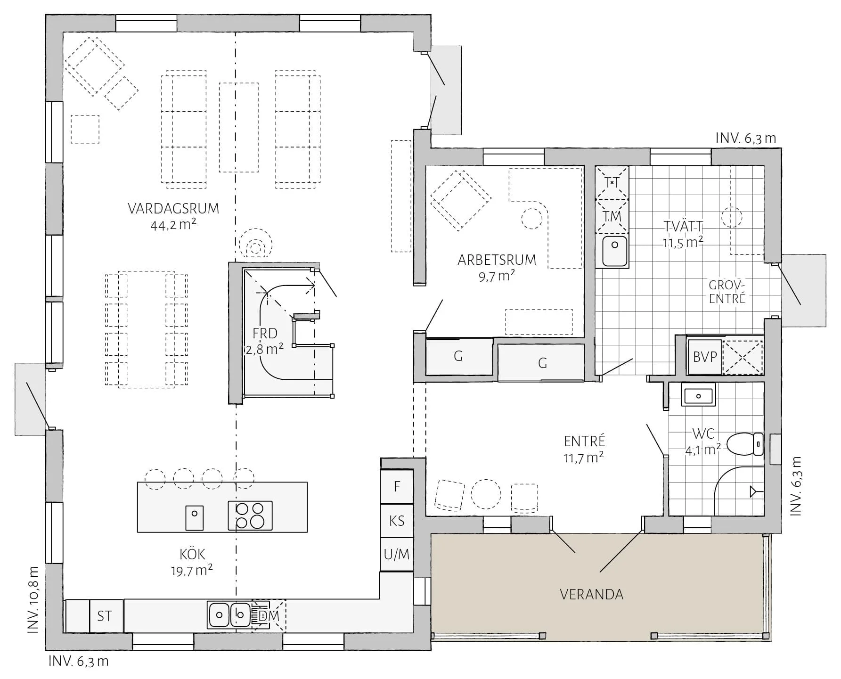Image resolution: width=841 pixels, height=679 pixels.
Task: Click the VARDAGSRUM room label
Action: (x=173, y=208)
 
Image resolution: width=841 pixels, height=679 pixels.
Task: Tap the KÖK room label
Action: (x=192, y=554)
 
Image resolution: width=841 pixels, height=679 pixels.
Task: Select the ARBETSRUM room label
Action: (x=497, y=260)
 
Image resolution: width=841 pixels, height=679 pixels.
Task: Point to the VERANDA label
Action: (x=592, y=595)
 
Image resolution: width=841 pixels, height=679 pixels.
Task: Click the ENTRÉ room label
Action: (x=584, y=441)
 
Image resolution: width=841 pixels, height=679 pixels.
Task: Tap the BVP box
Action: (x=705, y=357)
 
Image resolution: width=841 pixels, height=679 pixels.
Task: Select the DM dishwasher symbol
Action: (x=269, y=615)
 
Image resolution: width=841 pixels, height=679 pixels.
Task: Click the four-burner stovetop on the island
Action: (x=250, y=515)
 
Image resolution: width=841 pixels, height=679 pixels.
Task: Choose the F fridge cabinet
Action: (x=397, y=486)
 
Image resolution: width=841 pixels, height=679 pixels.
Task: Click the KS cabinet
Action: (x=397, y=521)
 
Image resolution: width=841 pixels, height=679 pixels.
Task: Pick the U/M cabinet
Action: (x=397, y=555)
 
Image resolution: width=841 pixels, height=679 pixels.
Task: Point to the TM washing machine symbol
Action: (x=612, y=216)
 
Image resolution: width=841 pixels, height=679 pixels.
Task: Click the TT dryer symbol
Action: (x=612, y=182)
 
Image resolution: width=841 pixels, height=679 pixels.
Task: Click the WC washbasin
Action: (x=698, y=395)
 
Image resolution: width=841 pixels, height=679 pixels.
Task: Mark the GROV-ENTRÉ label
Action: (x=727, y=292)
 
